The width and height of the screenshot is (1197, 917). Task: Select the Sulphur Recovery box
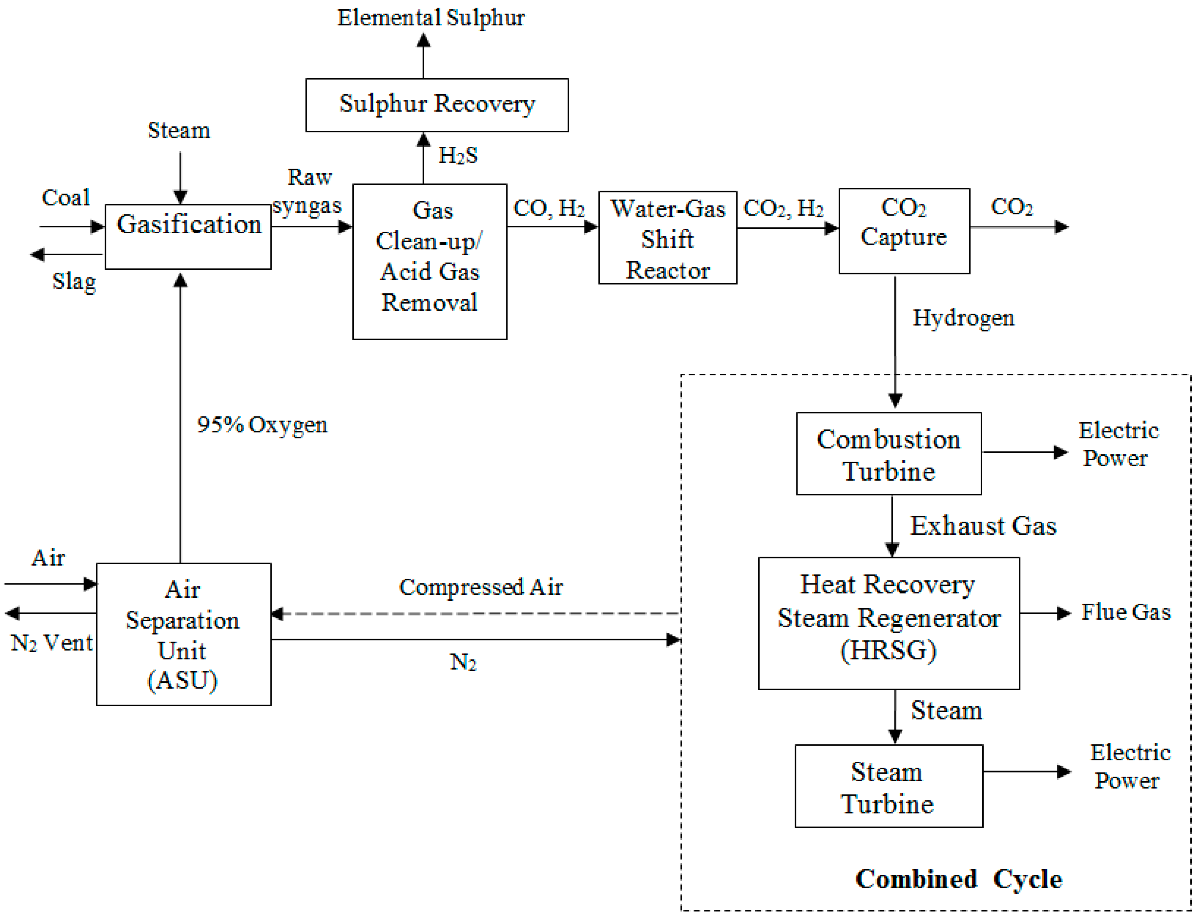tap(437, 105)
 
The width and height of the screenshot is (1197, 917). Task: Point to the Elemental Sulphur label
tap(431, 18)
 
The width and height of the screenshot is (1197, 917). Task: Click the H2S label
tap(457, 156)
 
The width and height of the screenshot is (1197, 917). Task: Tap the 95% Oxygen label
tap(262, 425)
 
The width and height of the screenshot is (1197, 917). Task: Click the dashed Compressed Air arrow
tap(475, 614)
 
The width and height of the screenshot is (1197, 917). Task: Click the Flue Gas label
tap(1126, 612)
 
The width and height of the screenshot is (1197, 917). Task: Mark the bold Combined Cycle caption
tap(958, 879)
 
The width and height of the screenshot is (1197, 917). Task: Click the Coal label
tap(65, 197)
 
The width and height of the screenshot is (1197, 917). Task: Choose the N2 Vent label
tap(51, 643)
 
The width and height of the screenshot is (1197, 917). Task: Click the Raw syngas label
tap(307, 191)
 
